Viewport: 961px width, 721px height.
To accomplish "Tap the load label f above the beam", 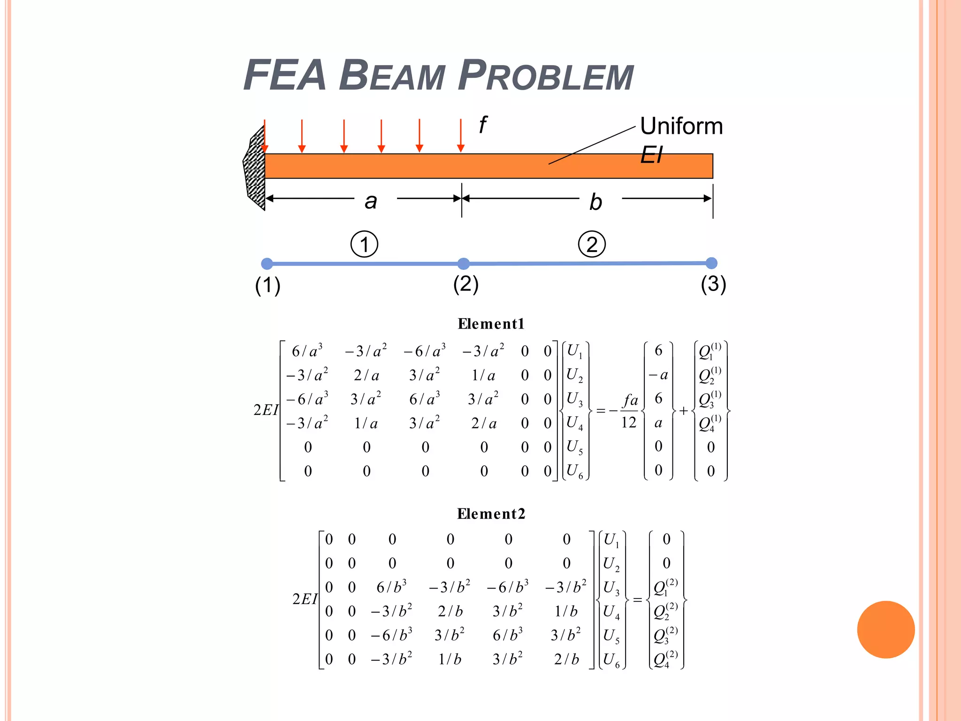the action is coord(483,125).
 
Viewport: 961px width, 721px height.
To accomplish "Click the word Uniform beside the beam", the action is coord(681,126).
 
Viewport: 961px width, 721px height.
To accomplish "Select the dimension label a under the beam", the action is coord(371,201).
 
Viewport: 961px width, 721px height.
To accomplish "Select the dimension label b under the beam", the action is coord(595,202).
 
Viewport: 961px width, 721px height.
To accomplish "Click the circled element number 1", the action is coord(365,244).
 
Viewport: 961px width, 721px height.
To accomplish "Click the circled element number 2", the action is coord(592,244).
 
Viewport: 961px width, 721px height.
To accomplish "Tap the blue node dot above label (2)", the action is coord(463,263).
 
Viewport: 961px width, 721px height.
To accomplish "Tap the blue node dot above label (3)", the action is coord(711,263).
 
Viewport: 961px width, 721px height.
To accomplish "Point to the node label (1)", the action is coord(267,285).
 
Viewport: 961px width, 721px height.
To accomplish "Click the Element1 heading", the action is coord(491,324).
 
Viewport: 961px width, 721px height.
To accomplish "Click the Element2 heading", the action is coord(491,514).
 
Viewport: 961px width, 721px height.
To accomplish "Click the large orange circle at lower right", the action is coord(885,629).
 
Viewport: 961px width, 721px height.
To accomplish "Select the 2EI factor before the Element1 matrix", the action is coord(266,410).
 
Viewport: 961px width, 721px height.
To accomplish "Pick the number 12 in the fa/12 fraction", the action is coord(629,422).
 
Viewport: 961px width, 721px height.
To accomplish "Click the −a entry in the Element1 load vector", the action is coord(658,375).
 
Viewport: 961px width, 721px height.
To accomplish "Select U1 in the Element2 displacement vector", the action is coord(611,540).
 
